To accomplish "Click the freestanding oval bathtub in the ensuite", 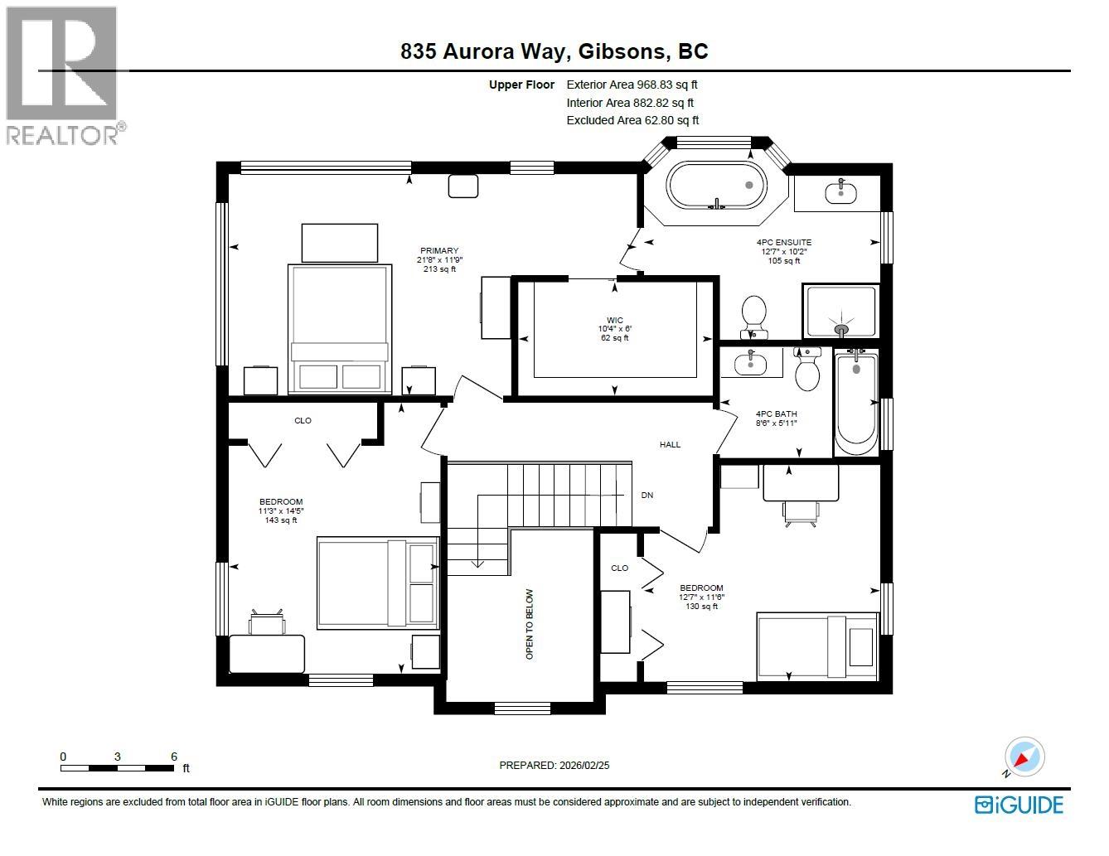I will [717, 186].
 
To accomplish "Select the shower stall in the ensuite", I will [841, 312].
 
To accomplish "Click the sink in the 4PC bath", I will [751, 362].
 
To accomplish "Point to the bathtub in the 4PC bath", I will [855, 402].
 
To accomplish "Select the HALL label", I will [670, 445].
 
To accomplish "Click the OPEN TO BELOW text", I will [530, 624].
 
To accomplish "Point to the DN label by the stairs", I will [647, 496].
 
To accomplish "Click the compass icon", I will [1024, 757].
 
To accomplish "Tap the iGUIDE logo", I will [1019, 805].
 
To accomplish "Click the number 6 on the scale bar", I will [174, 757].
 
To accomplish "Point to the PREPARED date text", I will [554, 766].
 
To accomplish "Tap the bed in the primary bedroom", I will [339, 328].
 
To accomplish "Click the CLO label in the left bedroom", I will [303, 421].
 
